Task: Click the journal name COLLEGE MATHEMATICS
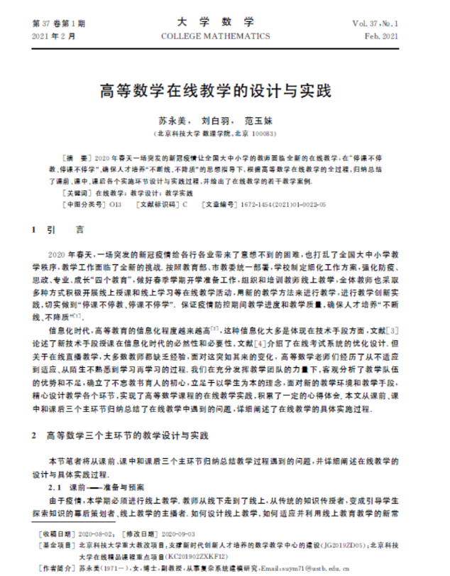[x=224, y=36]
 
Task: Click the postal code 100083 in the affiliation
[x=263, y=133]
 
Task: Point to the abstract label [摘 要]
[x=76, y=155]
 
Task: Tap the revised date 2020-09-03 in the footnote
[x=180, y=531]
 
